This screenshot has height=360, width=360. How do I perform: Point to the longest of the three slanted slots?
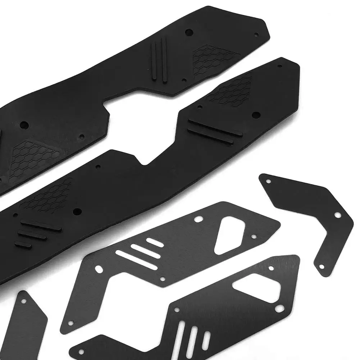pos(136,260)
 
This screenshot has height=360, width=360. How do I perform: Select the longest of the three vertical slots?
pos(181,338)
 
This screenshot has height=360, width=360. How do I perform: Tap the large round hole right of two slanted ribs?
pos(256,115)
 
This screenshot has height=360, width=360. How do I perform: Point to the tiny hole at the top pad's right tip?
pos(256,35)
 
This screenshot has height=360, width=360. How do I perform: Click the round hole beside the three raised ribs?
pos(76,211)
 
